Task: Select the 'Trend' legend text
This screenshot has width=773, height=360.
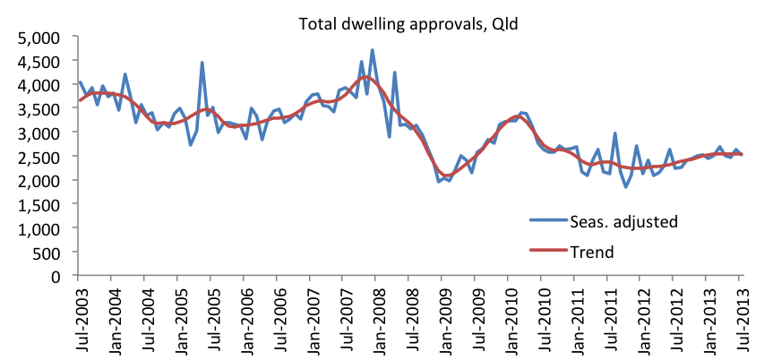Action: (591, 252)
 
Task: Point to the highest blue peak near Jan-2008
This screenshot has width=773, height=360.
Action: (373, 50)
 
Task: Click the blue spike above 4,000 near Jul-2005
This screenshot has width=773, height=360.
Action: (202, 63)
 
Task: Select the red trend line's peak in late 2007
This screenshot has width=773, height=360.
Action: (364, 78)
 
